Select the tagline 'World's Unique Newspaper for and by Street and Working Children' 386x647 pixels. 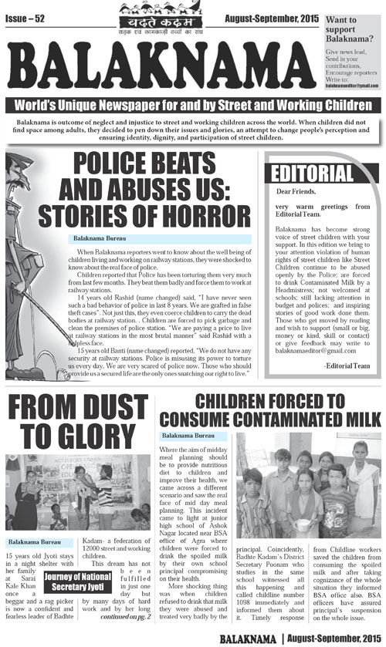193,106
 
